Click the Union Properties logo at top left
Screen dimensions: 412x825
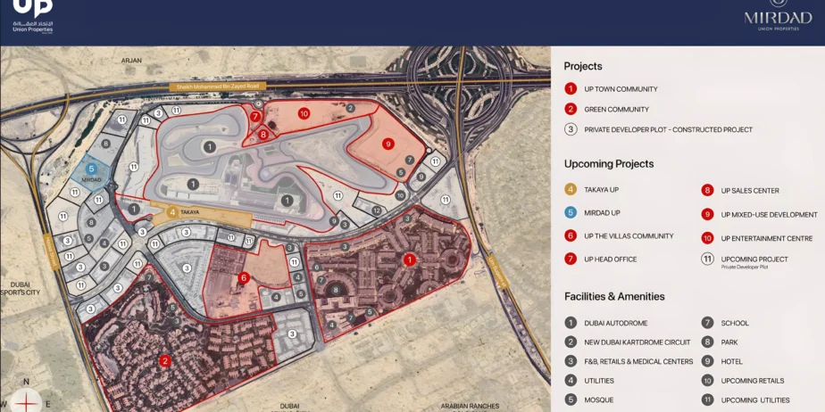[x=32, y=16]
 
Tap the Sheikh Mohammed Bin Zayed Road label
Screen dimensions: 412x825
[x=218, y=86]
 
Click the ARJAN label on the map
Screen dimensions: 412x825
[x=132, y=60]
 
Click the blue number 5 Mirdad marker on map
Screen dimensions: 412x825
[x=91, y=167]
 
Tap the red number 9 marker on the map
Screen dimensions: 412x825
[x=387, y=144]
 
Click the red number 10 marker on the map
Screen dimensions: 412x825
[x=304, y=113]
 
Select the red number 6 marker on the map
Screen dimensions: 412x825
[x=244, y=277]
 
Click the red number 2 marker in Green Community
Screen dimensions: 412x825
[x=164, y=361]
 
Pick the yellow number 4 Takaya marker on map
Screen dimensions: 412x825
[x=171, y=213]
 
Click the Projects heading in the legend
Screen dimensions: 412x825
[x=583, y=66]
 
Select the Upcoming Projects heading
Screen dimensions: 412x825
[x=609, y=164]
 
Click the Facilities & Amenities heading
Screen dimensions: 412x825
[x=614, y=296]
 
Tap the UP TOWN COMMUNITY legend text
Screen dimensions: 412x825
[x=621, y=89]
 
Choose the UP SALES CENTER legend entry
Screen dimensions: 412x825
[x=750, y=191]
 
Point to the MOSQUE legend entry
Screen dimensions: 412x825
[x=598, y=400]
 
